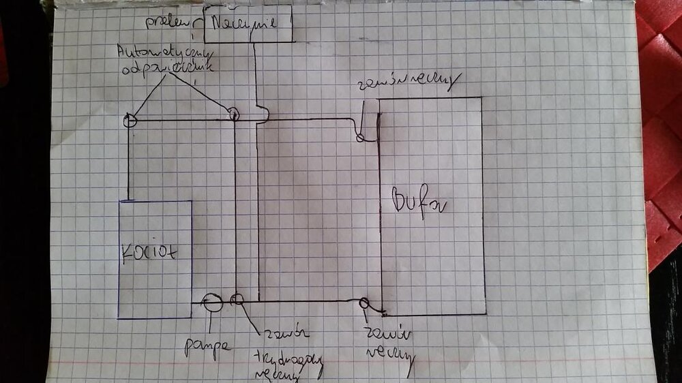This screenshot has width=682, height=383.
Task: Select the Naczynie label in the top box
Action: [x=243, y=22]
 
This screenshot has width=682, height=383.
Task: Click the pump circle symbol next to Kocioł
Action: [x=213, y=302]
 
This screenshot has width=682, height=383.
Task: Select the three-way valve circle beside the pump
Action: [x=237, y=300]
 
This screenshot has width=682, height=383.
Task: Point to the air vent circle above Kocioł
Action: [x=130, y=121]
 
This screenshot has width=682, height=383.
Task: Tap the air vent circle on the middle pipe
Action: [x=233, y=114]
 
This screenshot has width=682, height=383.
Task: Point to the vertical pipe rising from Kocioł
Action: [x=128, y=164]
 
